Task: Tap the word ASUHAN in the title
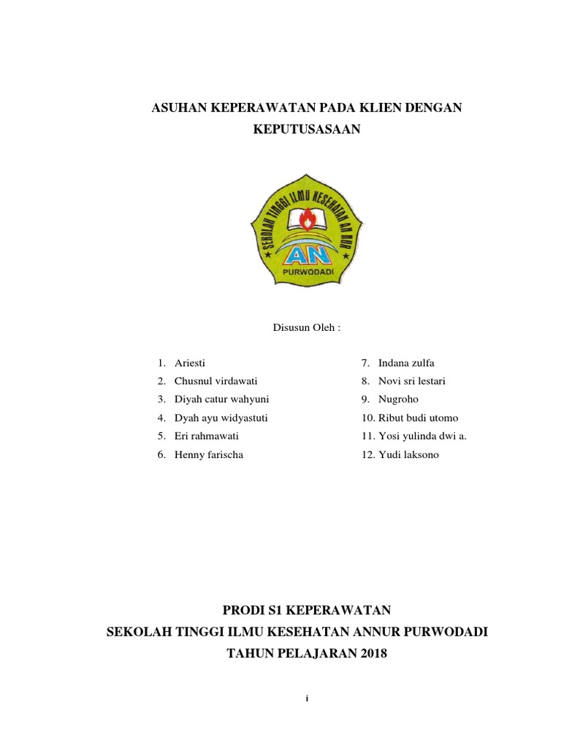pyautogui.click(x=177, y=109)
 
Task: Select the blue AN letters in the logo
pyautogui.click(x=306, y=255)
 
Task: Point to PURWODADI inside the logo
pyautogui.click(x=307, y=272)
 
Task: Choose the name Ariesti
pyautogui.click(x=191, y=363)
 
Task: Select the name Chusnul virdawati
pyautogui.click(x=215, y=381)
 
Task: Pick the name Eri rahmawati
pyautogui.click(x=207, y=436)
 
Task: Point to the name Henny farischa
pyautogui.click(x=209, y=454)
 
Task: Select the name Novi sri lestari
pyautogui.click(x=412, y=381)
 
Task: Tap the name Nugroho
pyautogui.click(x=399, y=400)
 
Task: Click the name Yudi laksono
pyautogui.click(x=409, y=454)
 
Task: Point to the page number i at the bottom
pyautogui.click(x=308, y=699)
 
